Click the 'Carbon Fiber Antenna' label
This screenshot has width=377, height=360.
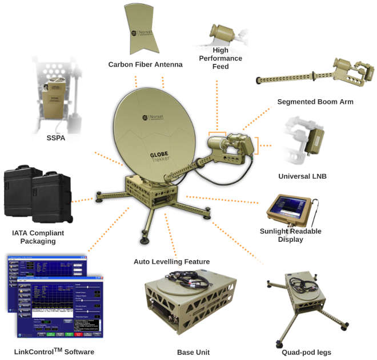145,64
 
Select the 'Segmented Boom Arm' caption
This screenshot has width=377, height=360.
315,102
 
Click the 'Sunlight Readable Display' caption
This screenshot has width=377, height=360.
291,235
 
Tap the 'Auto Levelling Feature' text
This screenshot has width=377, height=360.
171,262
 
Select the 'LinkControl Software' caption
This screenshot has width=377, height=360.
54,351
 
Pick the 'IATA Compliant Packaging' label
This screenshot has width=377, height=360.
38,237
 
